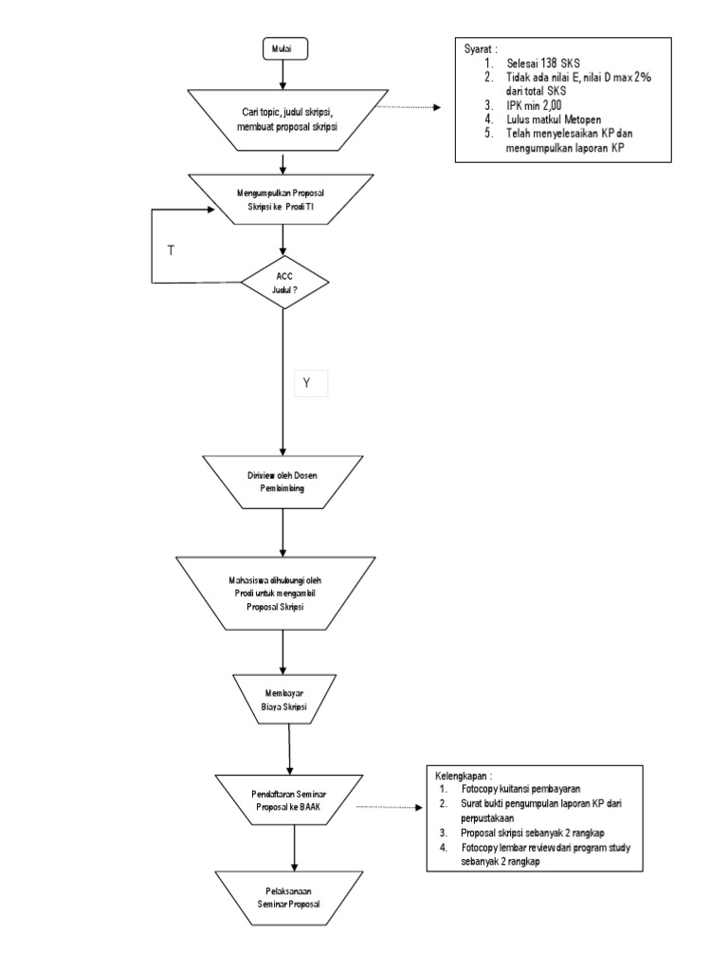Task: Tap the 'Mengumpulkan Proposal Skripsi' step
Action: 284,199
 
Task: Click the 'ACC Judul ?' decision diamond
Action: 284,283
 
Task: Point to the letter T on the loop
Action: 171,250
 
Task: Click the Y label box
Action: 307,382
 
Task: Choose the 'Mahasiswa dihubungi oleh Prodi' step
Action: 283,594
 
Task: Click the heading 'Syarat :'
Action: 479,48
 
